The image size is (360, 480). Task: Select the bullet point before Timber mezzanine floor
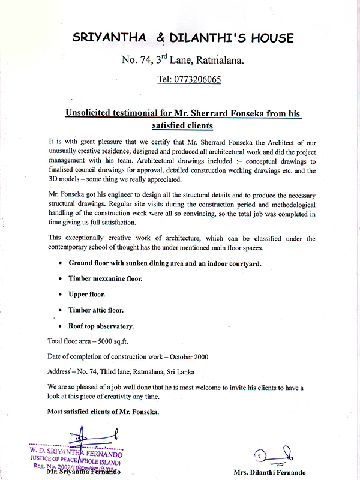[x=61, y=279]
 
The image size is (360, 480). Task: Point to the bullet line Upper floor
[x=87, y=295]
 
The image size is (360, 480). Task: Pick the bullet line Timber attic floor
[x=96, y=310]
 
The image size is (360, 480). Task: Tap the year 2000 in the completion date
[x=198, y=356]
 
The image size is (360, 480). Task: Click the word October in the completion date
[x=172, y=356]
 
